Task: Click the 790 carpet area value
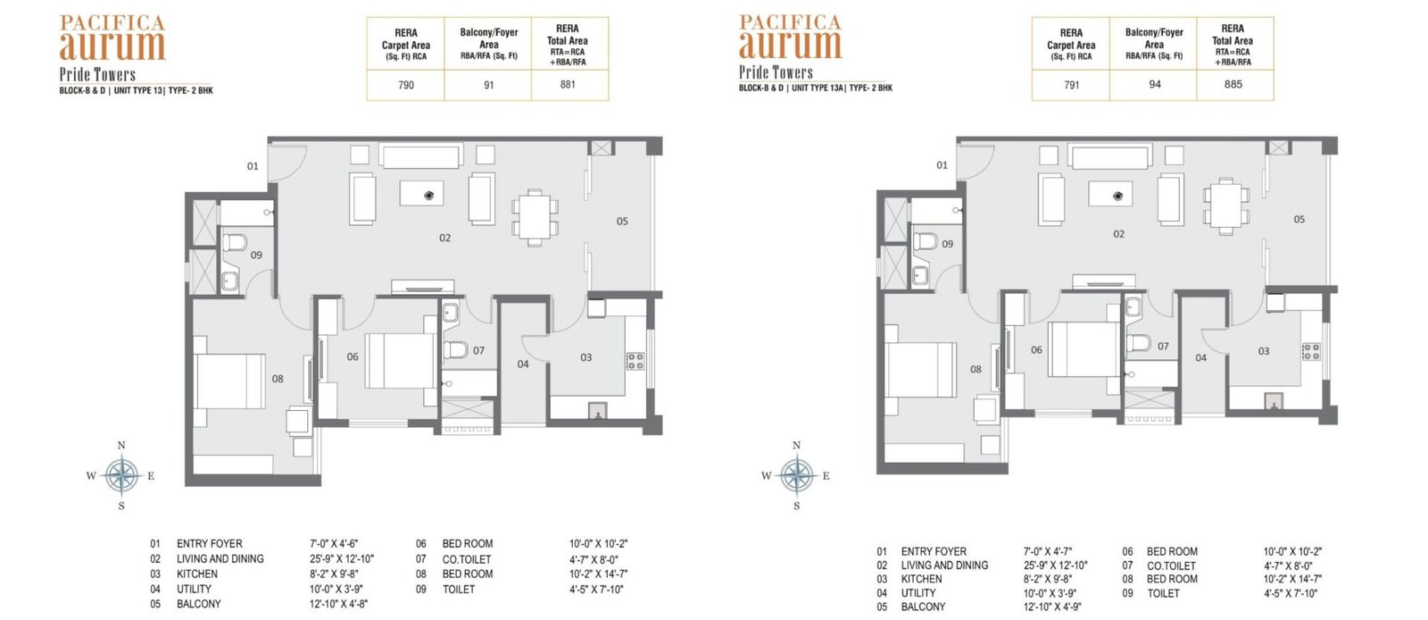click(406, 85)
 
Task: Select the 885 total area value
click(1233, 84)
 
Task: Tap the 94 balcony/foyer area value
click(1155, 84)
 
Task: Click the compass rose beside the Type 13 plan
click(121, 475)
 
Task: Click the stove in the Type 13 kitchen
click(635, 361)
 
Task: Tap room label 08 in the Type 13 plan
click(278, 378)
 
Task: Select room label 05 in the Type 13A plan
click(1299, 219)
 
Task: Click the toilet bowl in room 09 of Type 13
click(235, 242)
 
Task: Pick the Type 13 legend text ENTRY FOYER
click(209, 543)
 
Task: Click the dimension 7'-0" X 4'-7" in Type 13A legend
click(1048, 551)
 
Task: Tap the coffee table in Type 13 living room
click(421, 193)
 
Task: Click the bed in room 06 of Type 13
click(401, 360)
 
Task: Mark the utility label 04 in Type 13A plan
click(1200, 358)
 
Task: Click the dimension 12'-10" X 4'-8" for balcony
click(338, 603)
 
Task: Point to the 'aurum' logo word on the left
click(112, 46)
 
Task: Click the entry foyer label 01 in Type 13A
click(942, 165)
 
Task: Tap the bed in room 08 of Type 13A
click(920, 369)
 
